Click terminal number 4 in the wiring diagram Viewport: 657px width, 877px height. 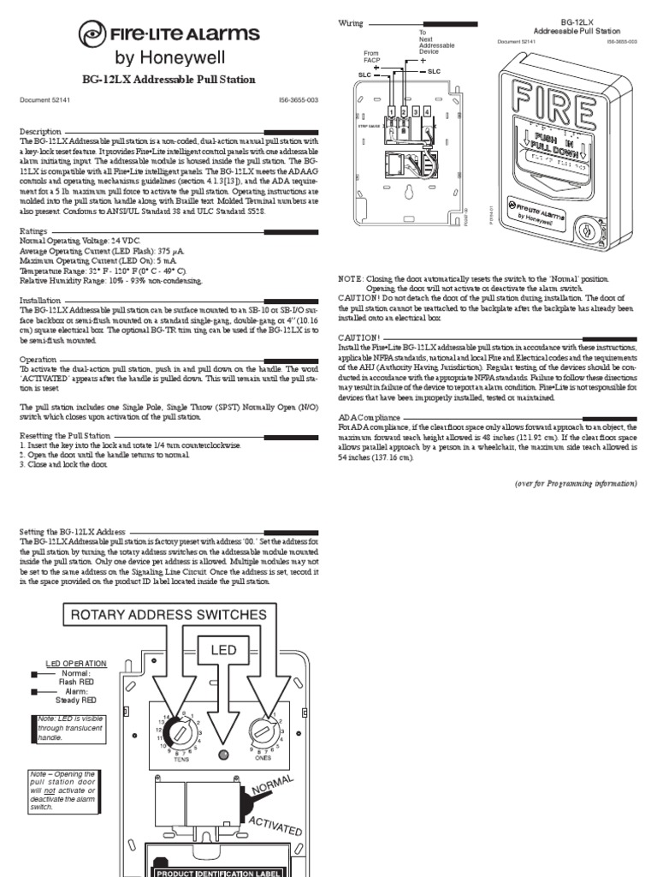(x=426, y=111)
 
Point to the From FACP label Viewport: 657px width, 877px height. (x=370, y=57)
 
